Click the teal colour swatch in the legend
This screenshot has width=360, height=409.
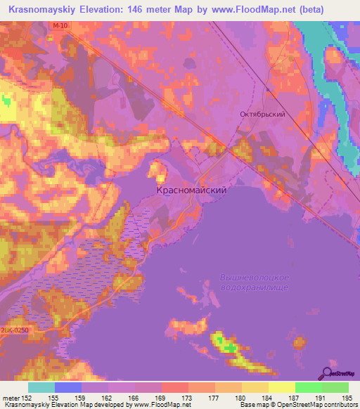(41, 387)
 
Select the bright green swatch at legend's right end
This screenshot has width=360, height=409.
(335, 387)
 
